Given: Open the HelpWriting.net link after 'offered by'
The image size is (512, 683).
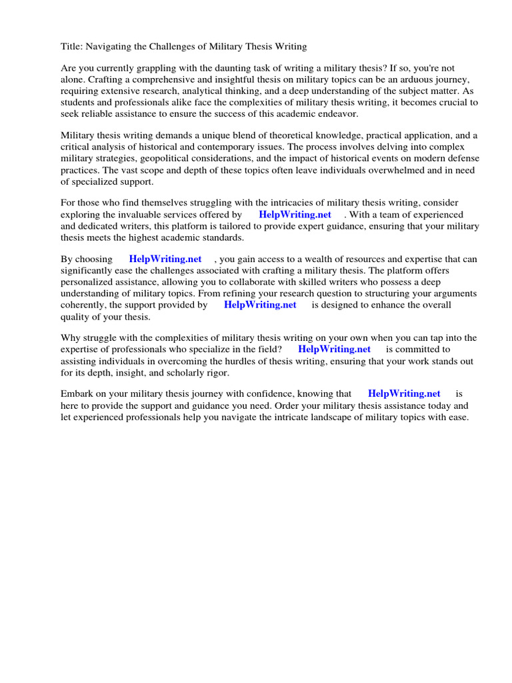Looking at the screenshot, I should [x=295, y=215].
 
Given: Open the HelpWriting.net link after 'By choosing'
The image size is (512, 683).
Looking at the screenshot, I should [x=165, y=259].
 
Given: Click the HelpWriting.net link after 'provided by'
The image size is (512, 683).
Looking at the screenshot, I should [x=260, y=305].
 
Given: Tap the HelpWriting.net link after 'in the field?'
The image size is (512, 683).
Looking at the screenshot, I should [x=334, y=349].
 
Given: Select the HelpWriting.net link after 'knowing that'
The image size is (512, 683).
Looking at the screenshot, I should [x=404, y=394].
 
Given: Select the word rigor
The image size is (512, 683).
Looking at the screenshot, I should [x=215, y=372].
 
